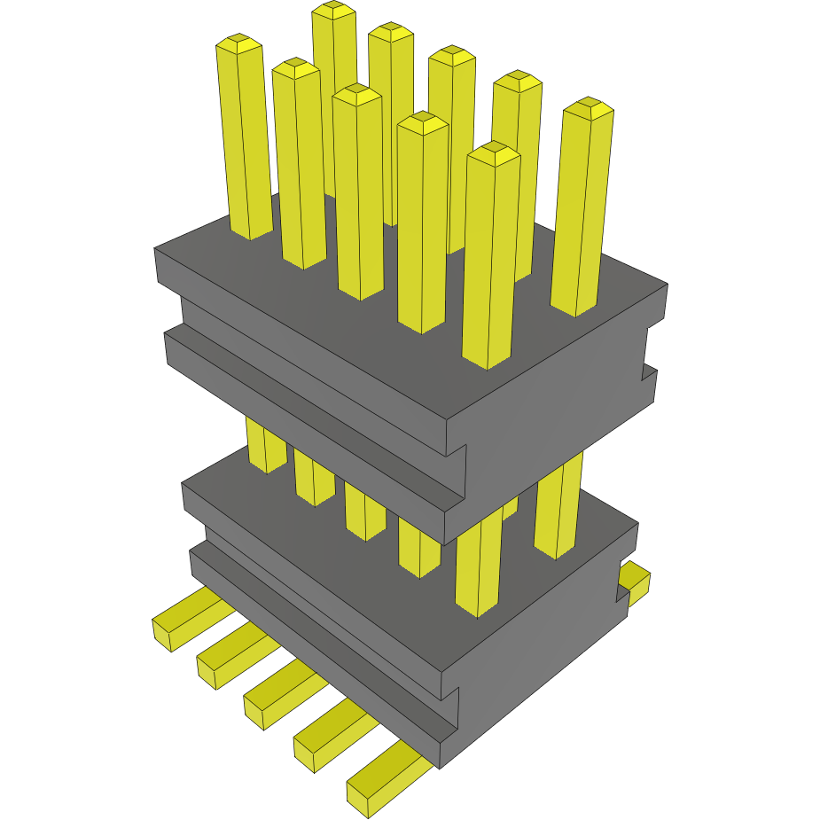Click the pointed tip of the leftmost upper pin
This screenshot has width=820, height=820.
pos(238,42)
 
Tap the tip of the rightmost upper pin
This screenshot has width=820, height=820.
pos(589,106)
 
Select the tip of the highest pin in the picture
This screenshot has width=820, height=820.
pos(334,9)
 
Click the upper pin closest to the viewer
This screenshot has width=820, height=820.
pos(490,257)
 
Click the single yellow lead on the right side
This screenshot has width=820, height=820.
pos(635,581)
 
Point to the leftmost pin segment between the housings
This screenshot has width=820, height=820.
pos(265,448)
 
